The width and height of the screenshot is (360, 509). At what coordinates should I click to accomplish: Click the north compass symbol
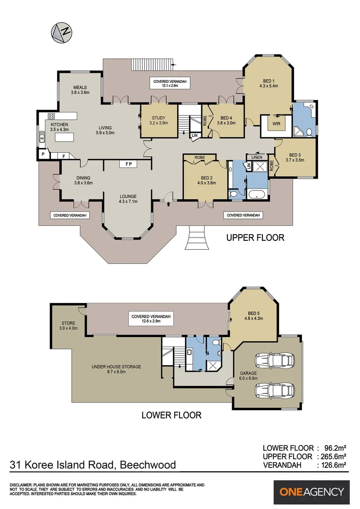[x=61, y=33]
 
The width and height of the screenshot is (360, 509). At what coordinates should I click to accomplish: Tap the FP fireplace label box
[x=129, y=164]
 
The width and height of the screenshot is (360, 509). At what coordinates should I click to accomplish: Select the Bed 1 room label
[x=269, y=83]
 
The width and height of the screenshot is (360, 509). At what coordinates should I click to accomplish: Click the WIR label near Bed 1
[x=276, y=123]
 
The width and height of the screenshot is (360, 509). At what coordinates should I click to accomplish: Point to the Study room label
[x=158, y=121]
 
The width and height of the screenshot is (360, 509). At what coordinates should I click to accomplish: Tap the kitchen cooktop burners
[x=51, y=116]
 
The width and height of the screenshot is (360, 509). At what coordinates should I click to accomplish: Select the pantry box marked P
[x=43, y=154]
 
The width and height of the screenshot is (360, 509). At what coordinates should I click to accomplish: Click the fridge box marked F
[x=64, y=156]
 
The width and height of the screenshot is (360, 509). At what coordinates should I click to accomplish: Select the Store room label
[x=68, y=326]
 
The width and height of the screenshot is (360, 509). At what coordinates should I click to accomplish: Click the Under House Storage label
[x=116, y=369]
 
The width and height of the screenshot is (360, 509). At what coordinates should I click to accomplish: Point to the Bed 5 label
[x=254, y=316]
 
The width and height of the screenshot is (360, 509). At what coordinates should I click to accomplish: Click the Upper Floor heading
[x=255, y=238]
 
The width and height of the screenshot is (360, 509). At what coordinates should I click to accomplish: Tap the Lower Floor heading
[x=172, y=415]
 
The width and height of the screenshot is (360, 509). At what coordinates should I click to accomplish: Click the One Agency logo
[x=311, y=492]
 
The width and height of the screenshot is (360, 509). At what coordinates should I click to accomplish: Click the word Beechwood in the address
[x=148, y=465]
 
